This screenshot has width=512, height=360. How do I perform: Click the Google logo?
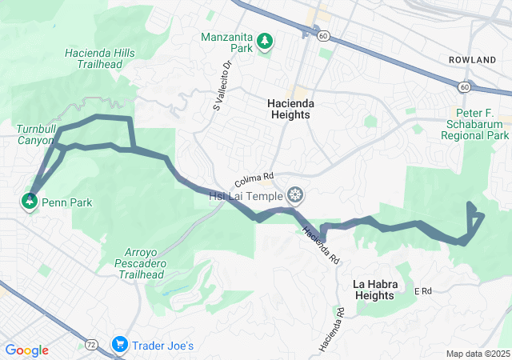[x=26, y=350]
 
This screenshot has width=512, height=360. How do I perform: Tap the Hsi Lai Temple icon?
[x=296, y=195]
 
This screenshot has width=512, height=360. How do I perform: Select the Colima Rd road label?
[x=255, y=178]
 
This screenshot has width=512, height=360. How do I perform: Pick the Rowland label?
[x=472, y=60]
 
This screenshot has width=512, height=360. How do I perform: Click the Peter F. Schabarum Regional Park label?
[x=474, y=124]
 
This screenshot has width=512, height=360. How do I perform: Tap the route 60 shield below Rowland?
[x=465, y=86]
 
